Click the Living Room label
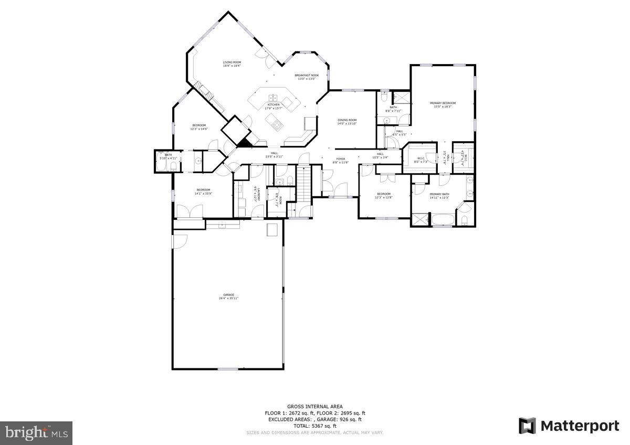tap(232, 64)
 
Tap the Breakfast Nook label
tap(307, 77)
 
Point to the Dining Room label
tap(347, 122)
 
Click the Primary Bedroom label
tap(443, 105)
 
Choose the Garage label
tap(228, 296)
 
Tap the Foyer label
tap(341, 160)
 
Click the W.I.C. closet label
tap(421, 160)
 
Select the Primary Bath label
tap(439, 196)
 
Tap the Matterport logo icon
tap(527, 426)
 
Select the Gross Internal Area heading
tap(314, 407)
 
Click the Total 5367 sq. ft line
tap(314, 426)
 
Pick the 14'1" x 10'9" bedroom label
tap(203, 192)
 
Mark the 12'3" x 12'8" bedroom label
tap(383, 196)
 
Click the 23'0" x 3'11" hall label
tap(274, 155)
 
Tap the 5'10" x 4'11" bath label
tap(168, 156)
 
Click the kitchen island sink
tap(274, 98)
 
